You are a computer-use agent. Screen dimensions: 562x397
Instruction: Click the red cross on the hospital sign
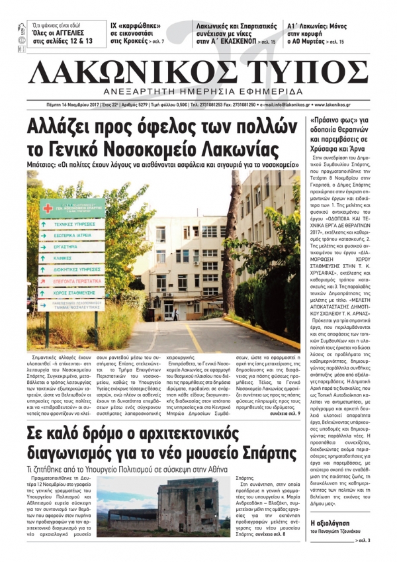(x=47, y=209)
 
